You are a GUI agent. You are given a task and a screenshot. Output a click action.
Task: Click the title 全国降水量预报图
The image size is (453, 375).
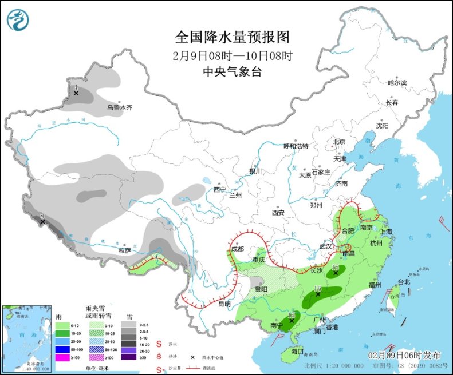coord(232,38)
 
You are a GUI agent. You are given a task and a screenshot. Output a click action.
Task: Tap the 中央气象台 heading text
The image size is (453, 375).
coord(232,72)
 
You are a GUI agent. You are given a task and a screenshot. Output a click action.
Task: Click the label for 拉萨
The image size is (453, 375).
coord(125,250)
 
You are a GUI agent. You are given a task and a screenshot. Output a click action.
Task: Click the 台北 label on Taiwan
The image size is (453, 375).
coord(404,282)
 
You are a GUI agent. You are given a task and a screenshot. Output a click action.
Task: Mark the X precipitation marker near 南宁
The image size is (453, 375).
coord(292,321)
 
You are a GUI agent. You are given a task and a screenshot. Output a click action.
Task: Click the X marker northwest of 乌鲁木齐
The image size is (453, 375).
coord(76,93)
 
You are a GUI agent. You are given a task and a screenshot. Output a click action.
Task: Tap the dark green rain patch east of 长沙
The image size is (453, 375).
coord(334,274)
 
